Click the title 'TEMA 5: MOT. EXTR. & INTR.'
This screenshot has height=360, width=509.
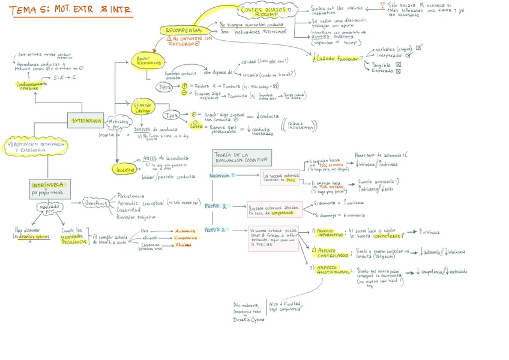(x=71, y=10)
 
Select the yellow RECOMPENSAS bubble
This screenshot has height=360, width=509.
(x=183, y=31)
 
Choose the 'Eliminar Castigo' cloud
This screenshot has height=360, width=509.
(x=143, y=108)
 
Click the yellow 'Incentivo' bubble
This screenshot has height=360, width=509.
(x=125, y=170)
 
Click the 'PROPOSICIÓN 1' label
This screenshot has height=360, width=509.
(x=222, y=176)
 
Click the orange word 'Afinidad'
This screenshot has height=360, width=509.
(x=183, y=245)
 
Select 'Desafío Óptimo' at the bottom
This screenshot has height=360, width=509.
(x=248, y=320)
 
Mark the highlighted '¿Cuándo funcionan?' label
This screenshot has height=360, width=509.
(x=336, y=58)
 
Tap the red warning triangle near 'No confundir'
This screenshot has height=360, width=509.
(x=169, y=38)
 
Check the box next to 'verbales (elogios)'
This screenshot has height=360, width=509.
(x=418, y=47)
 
